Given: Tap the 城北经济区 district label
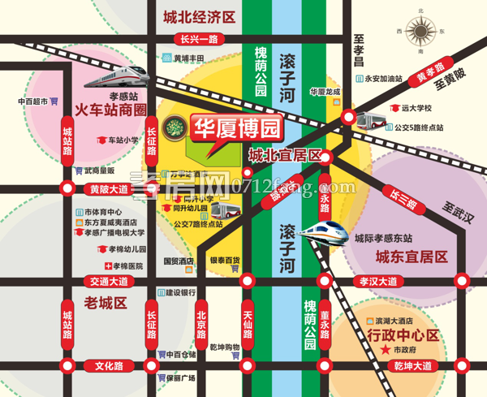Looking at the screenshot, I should [x=199, y=16].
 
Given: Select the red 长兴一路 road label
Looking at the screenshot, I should [x=200, y=38].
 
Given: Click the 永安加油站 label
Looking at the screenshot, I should [x=383, y=78].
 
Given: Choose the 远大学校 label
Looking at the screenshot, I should [x=416, y=107].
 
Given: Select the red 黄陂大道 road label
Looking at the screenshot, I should [x=106, y=189].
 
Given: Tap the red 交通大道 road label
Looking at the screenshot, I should [x=110, y=282].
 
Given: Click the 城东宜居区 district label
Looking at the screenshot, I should [x=412, y=257].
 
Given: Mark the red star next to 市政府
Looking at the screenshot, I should [x=384, y=349].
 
